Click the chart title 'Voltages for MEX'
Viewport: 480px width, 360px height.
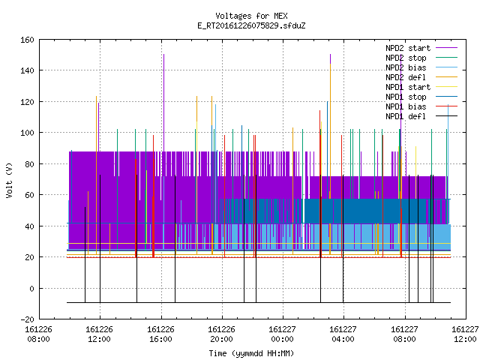coord(251,16)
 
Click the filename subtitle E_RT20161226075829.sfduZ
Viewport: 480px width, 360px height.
coord(251,25)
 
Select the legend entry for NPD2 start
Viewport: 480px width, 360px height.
coord(408,48)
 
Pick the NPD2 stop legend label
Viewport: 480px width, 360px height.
coord(406,58)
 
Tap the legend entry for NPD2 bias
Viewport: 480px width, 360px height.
coord(406,67)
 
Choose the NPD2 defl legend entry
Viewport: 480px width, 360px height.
coord(406,77)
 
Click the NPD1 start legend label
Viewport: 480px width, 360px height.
coord(408,87)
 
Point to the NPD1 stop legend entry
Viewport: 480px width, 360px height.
coord(406,97)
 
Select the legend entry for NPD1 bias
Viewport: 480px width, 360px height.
coord(406,106)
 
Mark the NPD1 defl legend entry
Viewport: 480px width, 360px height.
coord(406,117)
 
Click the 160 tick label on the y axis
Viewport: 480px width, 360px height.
coord(27,40)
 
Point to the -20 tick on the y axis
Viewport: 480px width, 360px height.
coord(27,319)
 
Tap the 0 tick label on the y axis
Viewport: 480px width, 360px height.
coord(31,288)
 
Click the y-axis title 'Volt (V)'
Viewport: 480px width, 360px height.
coord(9,181)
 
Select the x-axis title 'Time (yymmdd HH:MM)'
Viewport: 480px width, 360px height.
coord(251,353)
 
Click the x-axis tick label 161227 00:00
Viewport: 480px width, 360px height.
coord(282,334)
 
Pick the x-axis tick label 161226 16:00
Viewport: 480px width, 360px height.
coord(160,334)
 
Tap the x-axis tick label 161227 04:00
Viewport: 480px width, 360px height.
coord(343,334)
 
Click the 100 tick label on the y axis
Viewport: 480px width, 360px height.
coord(27,133)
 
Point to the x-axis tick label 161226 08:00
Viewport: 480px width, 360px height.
coord(38,334)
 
